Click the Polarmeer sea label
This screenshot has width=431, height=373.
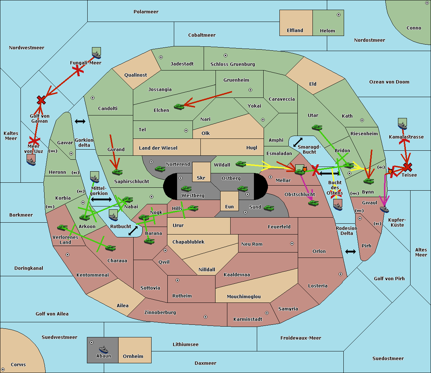[x=146, y=12]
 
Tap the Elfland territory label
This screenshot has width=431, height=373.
[x=295, y=31]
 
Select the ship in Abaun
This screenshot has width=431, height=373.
[x=103, y=349]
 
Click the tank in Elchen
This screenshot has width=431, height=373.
[x=179, y=106]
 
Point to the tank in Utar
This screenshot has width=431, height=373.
[x=317, y=127]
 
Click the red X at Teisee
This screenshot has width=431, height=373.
[x=407, y=167]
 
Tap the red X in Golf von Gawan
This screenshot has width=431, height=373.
[x=41, y=100]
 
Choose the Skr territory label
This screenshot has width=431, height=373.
[x=201, y=178]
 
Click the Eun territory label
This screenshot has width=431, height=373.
[x=230, y=207]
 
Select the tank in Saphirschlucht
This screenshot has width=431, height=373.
[x=117, y=172]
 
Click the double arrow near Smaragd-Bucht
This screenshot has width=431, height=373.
[x=298, y=142]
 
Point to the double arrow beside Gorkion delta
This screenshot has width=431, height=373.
[x=80, y=121]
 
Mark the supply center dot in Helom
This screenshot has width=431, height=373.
[x=338, y=15]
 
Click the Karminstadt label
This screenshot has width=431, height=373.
[x=248, y=319]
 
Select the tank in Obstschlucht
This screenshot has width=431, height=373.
[x=313, y=203]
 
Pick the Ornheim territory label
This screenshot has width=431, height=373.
[x=133, y=356]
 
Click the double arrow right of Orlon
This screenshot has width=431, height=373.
[x=351, y=251]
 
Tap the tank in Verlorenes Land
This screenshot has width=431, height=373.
[x=62, y=228]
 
